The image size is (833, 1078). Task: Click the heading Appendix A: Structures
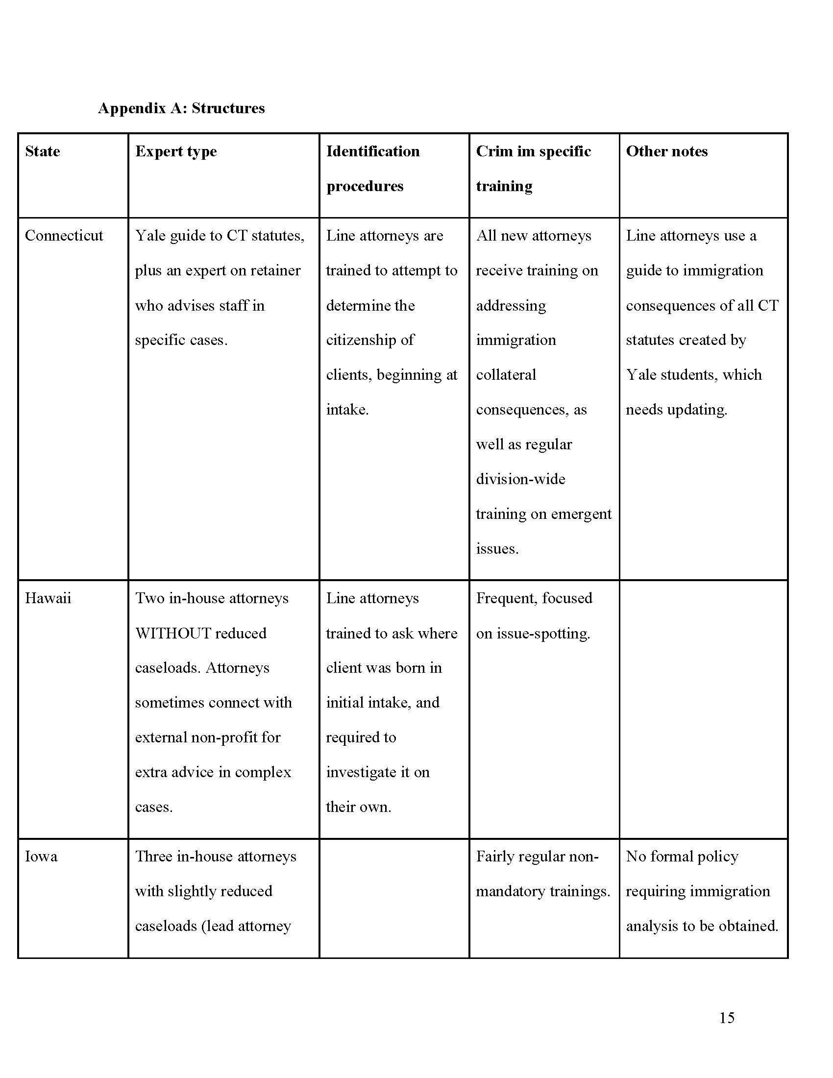tap(181, 108)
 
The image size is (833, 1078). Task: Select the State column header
tap(43, 151)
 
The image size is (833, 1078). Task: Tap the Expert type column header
tap(176, 151)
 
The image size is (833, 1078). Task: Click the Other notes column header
tap(666, 151)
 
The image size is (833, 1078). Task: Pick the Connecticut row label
tap(64, 235)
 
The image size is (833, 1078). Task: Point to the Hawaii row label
tap(48, 598)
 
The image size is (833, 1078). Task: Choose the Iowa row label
tap(41, 856)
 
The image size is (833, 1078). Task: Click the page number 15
tap(726, 1018)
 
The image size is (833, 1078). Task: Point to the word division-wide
tap(520, 479)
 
